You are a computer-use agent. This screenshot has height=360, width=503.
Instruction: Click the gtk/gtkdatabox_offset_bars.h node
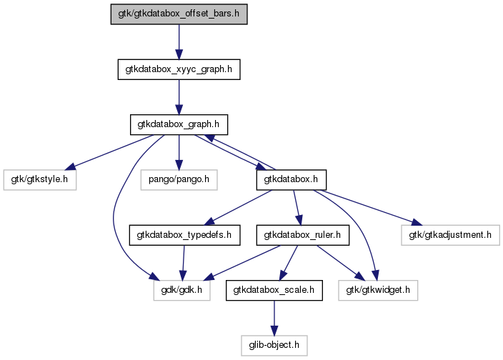pos(179,14)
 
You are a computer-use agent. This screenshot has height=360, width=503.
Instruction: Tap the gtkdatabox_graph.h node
pos(179,124)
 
